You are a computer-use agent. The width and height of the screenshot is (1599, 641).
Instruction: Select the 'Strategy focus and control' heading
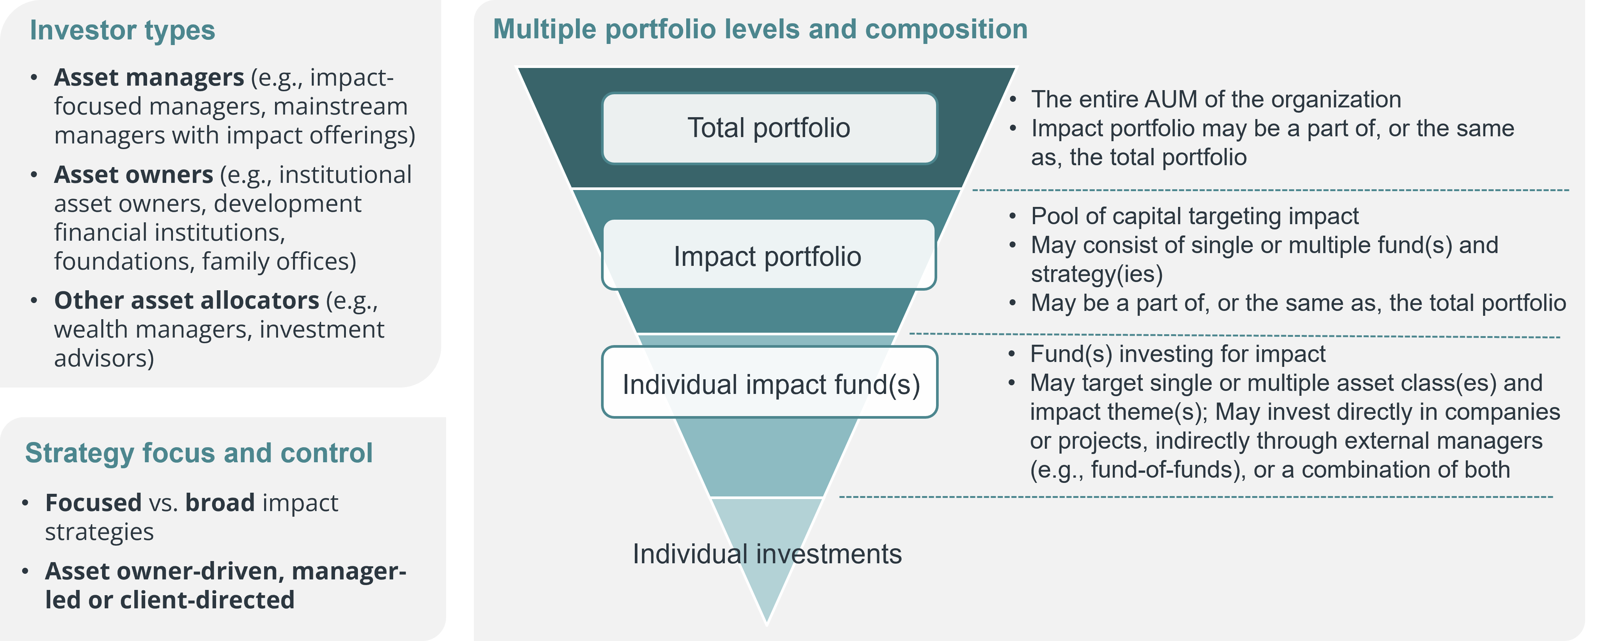tap(198, 453)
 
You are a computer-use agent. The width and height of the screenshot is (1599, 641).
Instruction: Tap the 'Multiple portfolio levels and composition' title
tap(760, 29)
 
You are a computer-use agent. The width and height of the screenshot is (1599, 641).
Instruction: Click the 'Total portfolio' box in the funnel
tap(769, 128)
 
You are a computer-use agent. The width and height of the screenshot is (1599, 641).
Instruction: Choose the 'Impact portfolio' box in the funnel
tap(768, 255)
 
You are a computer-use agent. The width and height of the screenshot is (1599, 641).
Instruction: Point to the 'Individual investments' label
tap(767, 554)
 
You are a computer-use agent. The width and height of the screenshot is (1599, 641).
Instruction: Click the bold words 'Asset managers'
tap(149, 78)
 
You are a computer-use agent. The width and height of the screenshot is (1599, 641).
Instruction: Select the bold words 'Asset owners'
tap(134, 175)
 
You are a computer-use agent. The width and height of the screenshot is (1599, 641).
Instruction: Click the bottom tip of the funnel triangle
tap(767, 623)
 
